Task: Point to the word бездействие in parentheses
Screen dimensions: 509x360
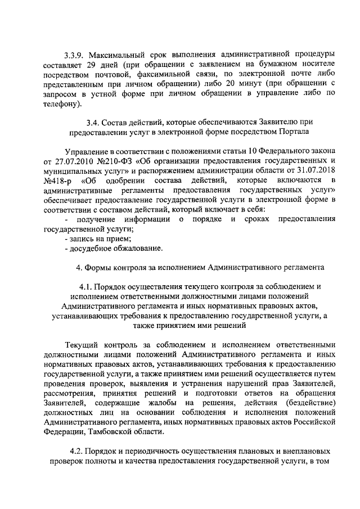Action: point(311,404)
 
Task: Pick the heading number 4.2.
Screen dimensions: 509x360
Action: point(78,451)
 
